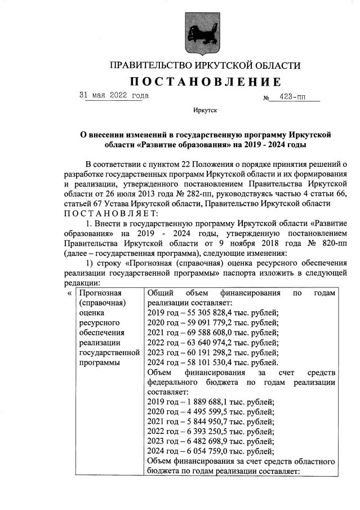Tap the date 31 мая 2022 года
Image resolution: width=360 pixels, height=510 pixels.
click(113, 96)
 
